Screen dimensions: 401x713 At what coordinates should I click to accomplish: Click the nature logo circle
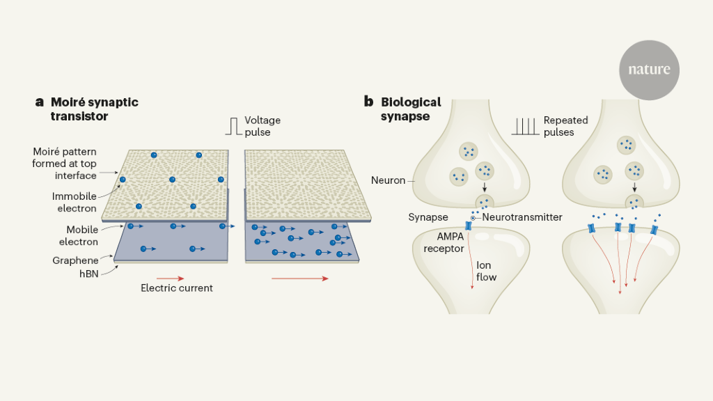tap(649, 70)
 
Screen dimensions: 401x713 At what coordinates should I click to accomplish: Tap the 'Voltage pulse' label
tap(262, 126)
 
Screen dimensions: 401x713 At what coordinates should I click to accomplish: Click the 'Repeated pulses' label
tap(565, 126)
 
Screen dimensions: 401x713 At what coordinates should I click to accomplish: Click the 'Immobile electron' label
tap(75, 203)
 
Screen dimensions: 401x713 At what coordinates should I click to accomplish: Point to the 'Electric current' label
tap(176, 288)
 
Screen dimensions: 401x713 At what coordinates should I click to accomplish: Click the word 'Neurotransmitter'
tap(522, 218)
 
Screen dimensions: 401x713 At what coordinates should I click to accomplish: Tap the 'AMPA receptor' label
tap(444, 242)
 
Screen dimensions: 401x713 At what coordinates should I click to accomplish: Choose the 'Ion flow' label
tap(487, 271)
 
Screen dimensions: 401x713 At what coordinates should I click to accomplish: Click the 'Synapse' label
tap(428, 218)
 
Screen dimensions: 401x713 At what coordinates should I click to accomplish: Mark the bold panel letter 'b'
tap(369, 102)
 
